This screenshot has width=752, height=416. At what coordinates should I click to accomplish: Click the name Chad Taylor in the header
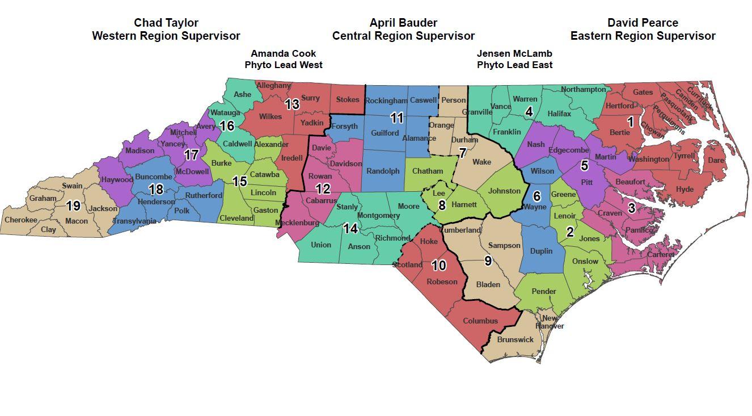(x=166, y=23)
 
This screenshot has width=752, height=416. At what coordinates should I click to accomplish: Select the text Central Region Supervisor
(x=403, y=36)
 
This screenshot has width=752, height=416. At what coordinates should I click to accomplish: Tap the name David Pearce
(x=643, y=23)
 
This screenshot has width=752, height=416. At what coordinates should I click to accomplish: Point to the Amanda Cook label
(x=283, y=53)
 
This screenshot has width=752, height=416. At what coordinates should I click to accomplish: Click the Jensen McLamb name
(x=514, y=53)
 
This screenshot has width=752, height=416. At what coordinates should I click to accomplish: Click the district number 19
(x=73, y=206)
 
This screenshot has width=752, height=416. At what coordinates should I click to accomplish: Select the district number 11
(x=397, y=118)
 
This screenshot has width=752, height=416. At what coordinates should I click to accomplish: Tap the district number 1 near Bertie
(x=630, y=121)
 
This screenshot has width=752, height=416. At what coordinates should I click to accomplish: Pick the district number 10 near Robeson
(x=439, y=265)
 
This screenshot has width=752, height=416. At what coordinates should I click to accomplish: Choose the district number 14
(x=350, y=228)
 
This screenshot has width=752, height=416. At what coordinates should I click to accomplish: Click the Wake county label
(x=481, y=162)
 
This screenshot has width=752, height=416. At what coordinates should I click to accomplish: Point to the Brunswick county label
(x=515, y=339)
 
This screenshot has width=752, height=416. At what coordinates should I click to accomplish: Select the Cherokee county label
(x=20, y=220)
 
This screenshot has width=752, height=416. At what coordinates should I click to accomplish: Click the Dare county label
(x=716, y=161)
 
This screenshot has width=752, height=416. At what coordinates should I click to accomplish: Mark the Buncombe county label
(x=154, y=177)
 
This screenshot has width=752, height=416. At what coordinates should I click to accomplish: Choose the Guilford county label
(x=385, y=133)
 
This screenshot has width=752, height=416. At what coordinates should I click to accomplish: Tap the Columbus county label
(x=480, y=321)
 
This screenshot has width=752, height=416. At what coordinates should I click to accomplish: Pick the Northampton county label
(x=583, y=90)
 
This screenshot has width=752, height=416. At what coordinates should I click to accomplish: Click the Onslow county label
(x=585, y=261)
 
